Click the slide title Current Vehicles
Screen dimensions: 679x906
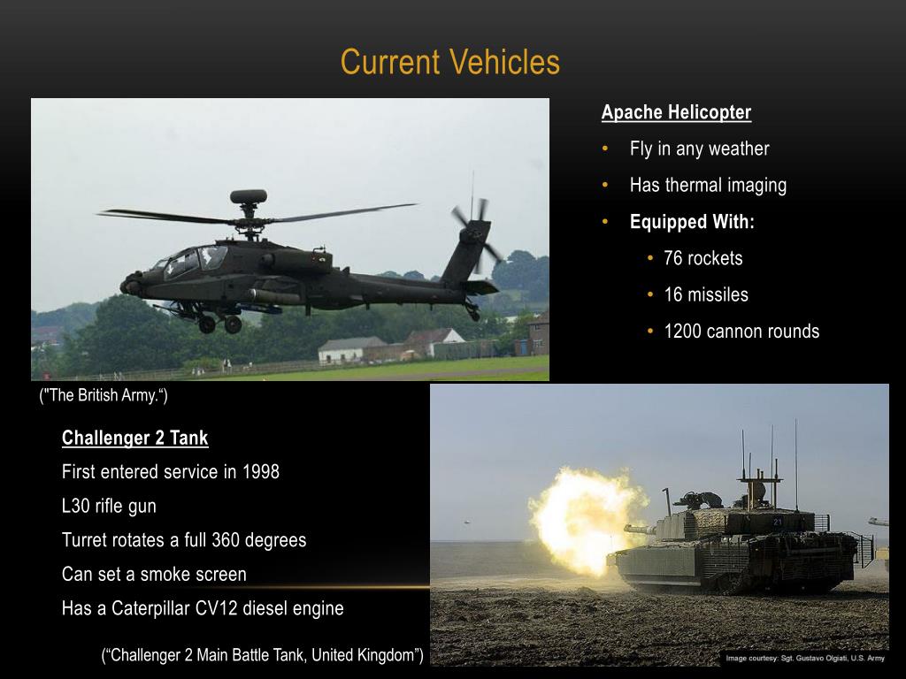(449, 63)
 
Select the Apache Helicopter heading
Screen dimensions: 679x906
(676, 112)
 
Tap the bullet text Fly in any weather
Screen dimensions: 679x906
(699, 149)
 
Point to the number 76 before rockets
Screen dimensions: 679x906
(673, 258)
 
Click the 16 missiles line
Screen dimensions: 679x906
(705, 294)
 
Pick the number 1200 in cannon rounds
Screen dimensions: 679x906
(682, 332)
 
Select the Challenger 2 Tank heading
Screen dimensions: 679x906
(134, 438)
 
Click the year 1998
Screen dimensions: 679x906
(260, 471)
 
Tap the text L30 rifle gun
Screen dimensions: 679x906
(109, 506)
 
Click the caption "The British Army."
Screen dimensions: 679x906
(104, 395)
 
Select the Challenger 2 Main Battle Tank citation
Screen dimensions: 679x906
(263, 655)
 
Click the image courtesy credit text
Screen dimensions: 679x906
(804, 658)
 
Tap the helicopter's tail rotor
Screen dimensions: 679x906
(474, 232)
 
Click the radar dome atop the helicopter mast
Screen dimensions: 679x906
(248, 196)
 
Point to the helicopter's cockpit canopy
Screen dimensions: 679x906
(196, 259)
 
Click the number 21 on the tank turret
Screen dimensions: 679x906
(778, 522)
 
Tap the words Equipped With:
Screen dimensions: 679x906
(692, 222)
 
